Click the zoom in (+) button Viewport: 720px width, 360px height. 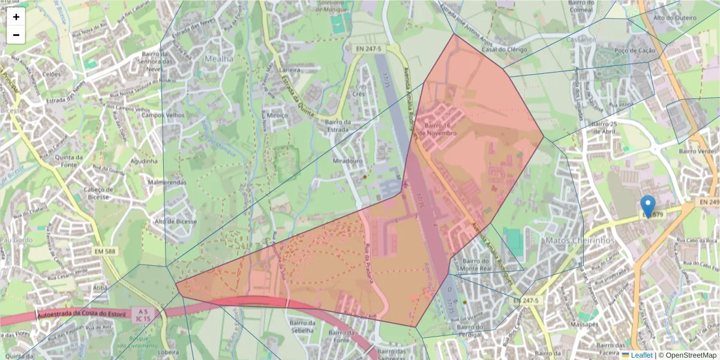pos(16,17)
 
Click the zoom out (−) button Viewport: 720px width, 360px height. pos(16,35)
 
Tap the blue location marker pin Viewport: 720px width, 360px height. pos(648,206)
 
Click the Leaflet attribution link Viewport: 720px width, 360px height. pos(641,355)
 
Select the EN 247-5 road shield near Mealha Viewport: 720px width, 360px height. pos(368,47)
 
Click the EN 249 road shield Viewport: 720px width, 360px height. pos(708,203)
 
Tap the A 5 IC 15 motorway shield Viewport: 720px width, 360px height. pos(142,316)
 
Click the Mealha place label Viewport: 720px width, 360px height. pos(218,59)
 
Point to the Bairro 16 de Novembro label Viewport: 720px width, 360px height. pos(440,129)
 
